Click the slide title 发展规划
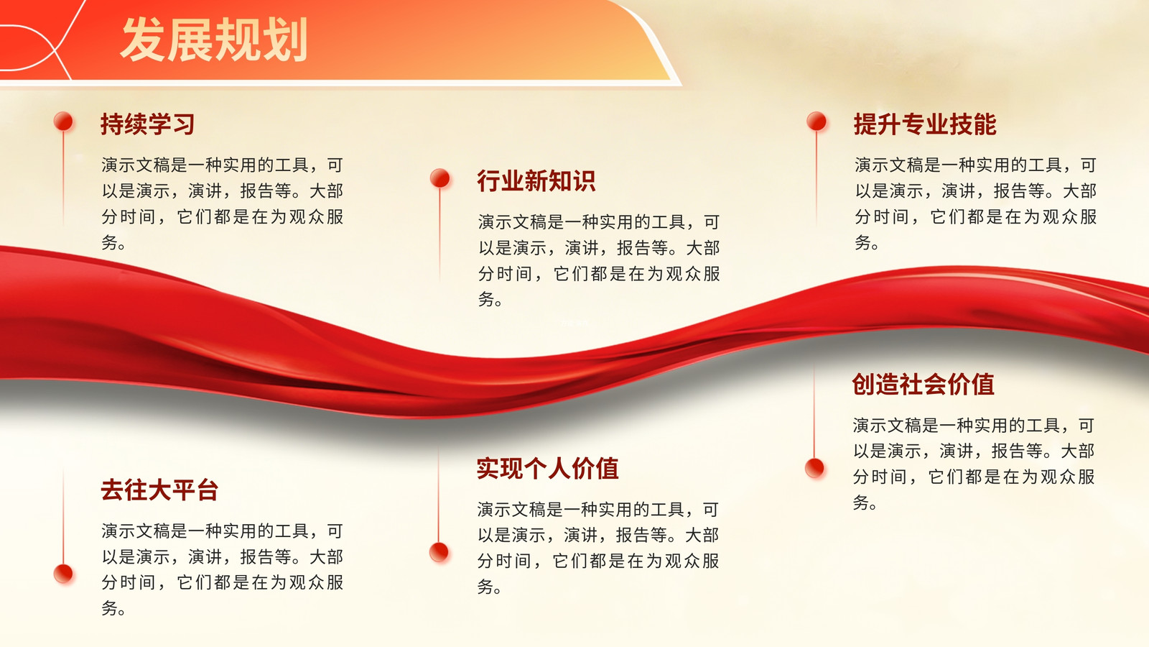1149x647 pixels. point(214,40)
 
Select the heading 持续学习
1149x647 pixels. point(148,124)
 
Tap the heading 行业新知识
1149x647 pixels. point(536,180)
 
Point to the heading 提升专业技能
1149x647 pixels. point(925,124)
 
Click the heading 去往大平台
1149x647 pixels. point(159,490)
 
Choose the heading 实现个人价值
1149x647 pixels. point(547,468)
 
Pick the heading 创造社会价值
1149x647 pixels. point(924,384)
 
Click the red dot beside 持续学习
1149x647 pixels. point(64,121)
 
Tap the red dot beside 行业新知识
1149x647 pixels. point(439,178)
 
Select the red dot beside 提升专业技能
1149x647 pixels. point(817,121)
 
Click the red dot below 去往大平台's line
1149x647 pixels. point(64,574)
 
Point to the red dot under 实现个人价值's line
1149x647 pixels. point(439,552)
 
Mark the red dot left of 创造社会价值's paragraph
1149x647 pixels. point(814,468)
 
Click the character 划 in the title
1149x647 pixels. point(285,40)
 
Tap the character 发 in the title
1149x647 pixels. point(143,40)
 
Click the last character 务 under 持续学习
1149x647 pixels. point(109,242)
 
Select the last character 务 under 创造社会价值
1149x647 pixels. point(861,502)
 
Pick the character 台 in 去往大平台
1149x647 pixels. point(208,490)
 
